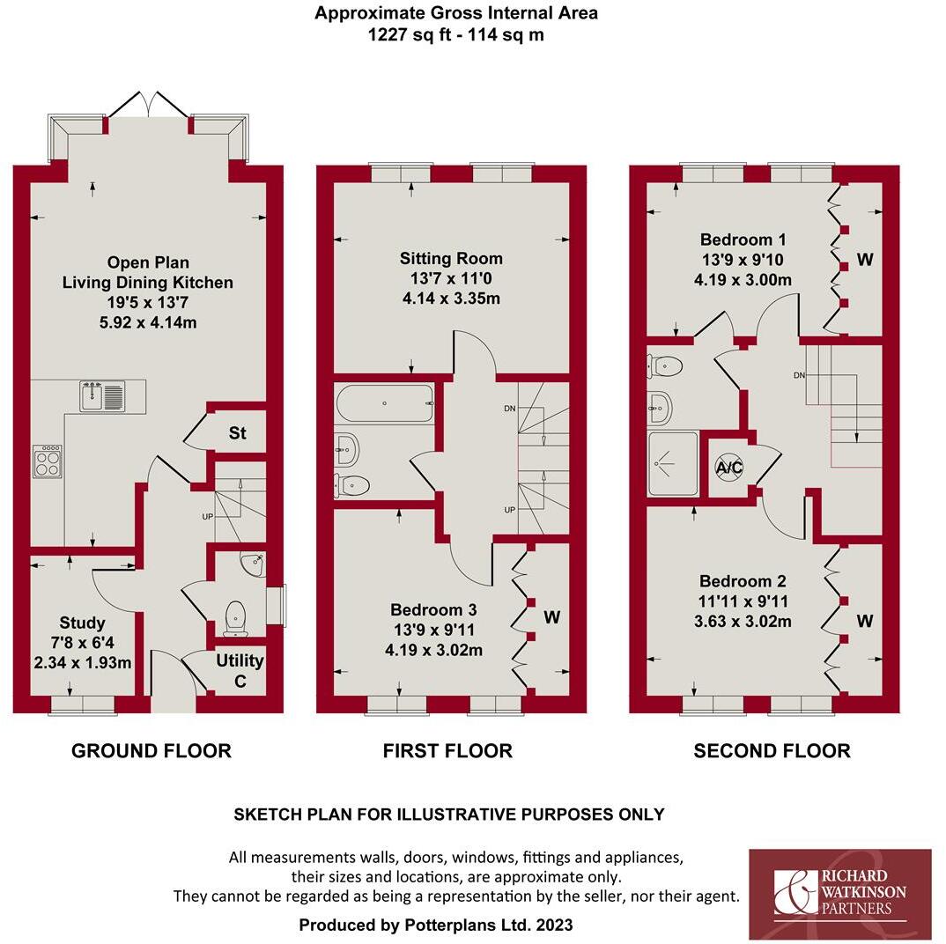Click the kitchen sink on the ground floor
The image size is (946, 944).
[x=103, y=395]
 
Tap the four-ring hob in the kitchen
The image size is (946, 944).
[x=48, y=461]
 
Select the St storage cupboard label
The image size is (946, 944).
[x=237, y=433]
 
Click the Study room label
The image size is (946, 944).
[x=83, y=623]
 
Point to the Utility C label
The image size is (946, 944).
[x=240, y=670]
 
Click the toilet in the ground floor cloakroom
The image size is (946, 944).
[x=236, y=617]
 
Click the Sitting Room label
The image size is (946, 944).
[x=451, y=258]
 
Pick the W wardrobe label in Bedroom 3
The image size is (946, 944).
[x=551, y=617]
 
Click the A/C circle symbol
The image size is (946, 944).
[x=728, y=468]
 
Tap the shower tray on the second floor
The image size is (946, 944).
[x=673, y=461]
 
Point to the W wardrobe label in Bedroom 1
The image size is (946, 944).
[x=864, y=260]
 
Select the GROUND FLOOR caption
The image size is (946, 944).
[x=151, y=750]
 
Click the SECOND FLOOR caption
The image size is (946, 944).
[x=772, y=750]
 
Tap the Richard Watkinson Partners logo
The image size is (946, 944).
[x=839, y=893]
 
